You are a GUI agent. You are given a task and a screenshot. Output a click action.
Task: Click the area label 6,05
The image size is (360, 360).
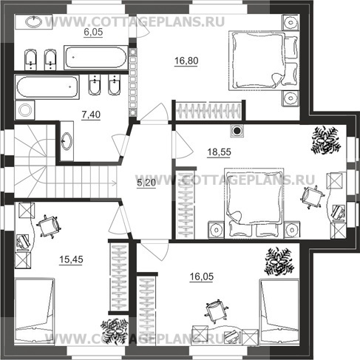(93, 32)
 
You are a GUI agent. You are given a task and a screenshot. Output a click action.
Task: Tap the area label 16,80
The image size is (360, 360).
(186, 61)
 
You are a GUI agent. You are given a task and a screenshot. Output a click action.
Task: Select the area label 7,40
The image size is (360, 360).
(91, 115)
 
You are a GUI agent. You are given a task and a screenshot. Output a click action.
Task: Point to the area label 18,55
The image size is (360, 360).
(219, 152)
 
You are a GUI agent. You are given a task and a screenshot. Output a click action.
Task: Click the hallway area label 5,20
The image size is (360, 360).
(146, 183)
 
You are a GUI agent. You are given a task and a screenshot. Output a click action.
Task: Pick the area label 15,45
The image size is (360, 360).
(71, 259)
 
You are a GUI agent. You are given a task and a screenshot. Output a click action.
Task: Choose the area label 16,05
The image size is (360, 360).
(202, 276)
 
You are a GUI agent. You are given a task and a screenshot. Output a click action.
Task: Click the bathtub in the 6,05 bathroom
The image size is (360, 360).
(96, 58)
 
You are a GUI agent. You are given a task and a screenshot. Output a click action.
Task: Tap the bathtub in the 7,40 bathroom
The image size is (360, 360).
(47, 87)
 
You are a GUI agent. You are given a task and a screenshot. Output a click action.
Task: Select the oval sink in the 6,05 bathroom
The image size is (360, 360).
(34, 21)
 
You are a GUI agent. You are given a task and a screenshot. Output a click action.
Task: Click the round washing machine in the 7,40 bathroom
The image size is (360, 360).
(25, 110)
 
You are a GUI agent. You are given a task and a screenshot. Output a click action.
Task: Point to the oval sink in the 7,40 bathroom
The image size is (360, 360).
(67, 141)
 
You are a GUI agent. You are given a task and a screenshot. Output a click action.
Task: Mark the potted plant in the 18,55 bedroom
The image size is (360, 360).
(326, 140)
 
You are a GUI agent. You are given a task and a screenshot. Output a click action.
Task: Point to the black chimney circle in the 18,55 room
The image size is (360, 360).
(237, 131)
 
